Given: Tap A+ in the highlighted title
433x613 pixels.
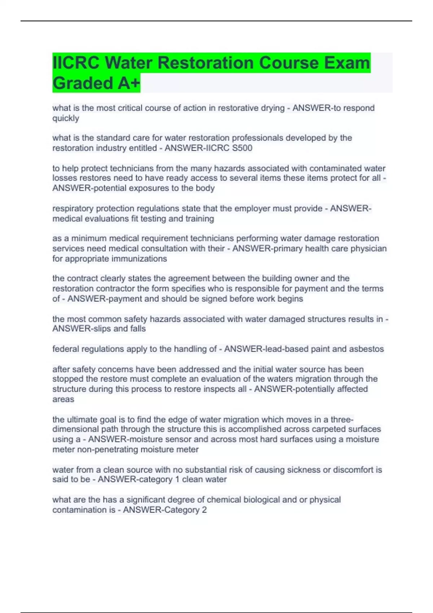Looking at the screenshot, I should point(128,83).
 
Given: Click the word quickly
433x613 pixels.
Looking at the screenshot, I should point(66,118).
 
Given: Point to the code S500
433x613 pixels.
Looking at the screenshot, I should point(242,148).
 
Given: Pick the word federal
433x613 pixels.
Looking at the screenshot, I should point(66,349).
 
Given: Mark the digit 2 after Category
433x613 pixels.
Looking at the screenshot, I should point(204,510).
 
